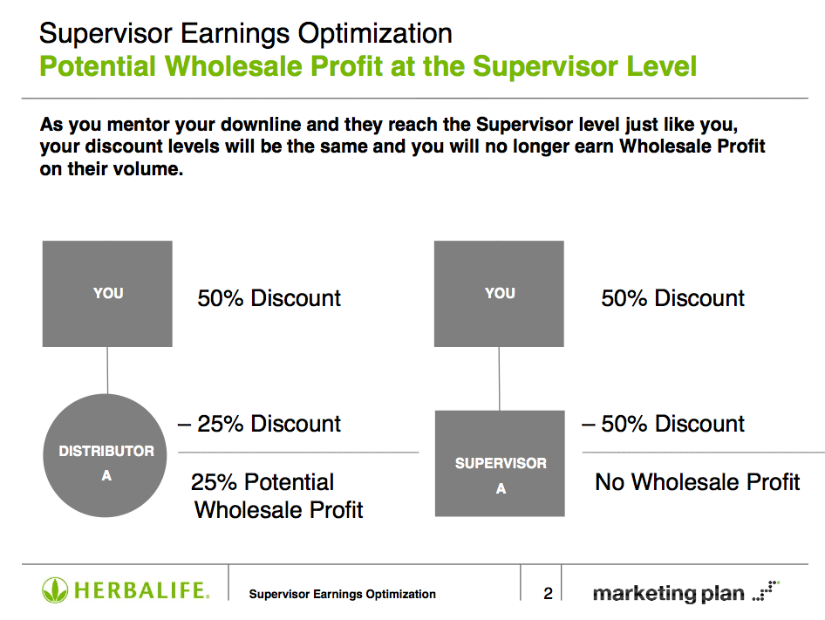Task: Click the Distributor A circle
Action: [x=105, y=455]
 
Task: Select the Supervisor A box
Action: [x=500, y=463]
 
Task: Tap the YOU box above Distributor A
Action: [x=107, y=294]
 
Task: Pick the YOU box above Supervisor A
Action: [x=499, y=294]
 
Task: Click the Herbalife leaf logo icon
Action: [x=55, y=590]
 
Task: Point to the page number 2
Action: [x=549, y=594]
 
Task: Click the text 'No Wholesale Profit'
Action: [x=697, y=482]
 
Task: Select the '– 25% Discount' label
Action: [x=259, y=424]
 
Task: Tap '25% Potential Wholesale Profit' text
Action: [x=277, y=496]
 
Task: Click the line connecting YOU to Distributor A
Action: [x=107, y=371]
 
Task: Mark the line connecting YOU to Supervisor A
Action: [x=500, y=379]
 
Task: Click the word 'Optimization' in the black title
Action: [x=375, y=34]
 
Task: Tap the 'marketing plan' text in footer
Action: [x=668, y=594]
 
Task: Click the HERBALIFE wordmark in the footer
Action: [x=142, y=590]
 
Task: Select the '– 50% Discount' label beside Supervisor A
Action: [x=663, y=424]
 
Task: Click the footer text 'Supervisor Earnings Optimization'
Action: [x=342, y=594]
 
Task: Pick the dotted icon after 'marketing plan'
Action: [x=766, y=590]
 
